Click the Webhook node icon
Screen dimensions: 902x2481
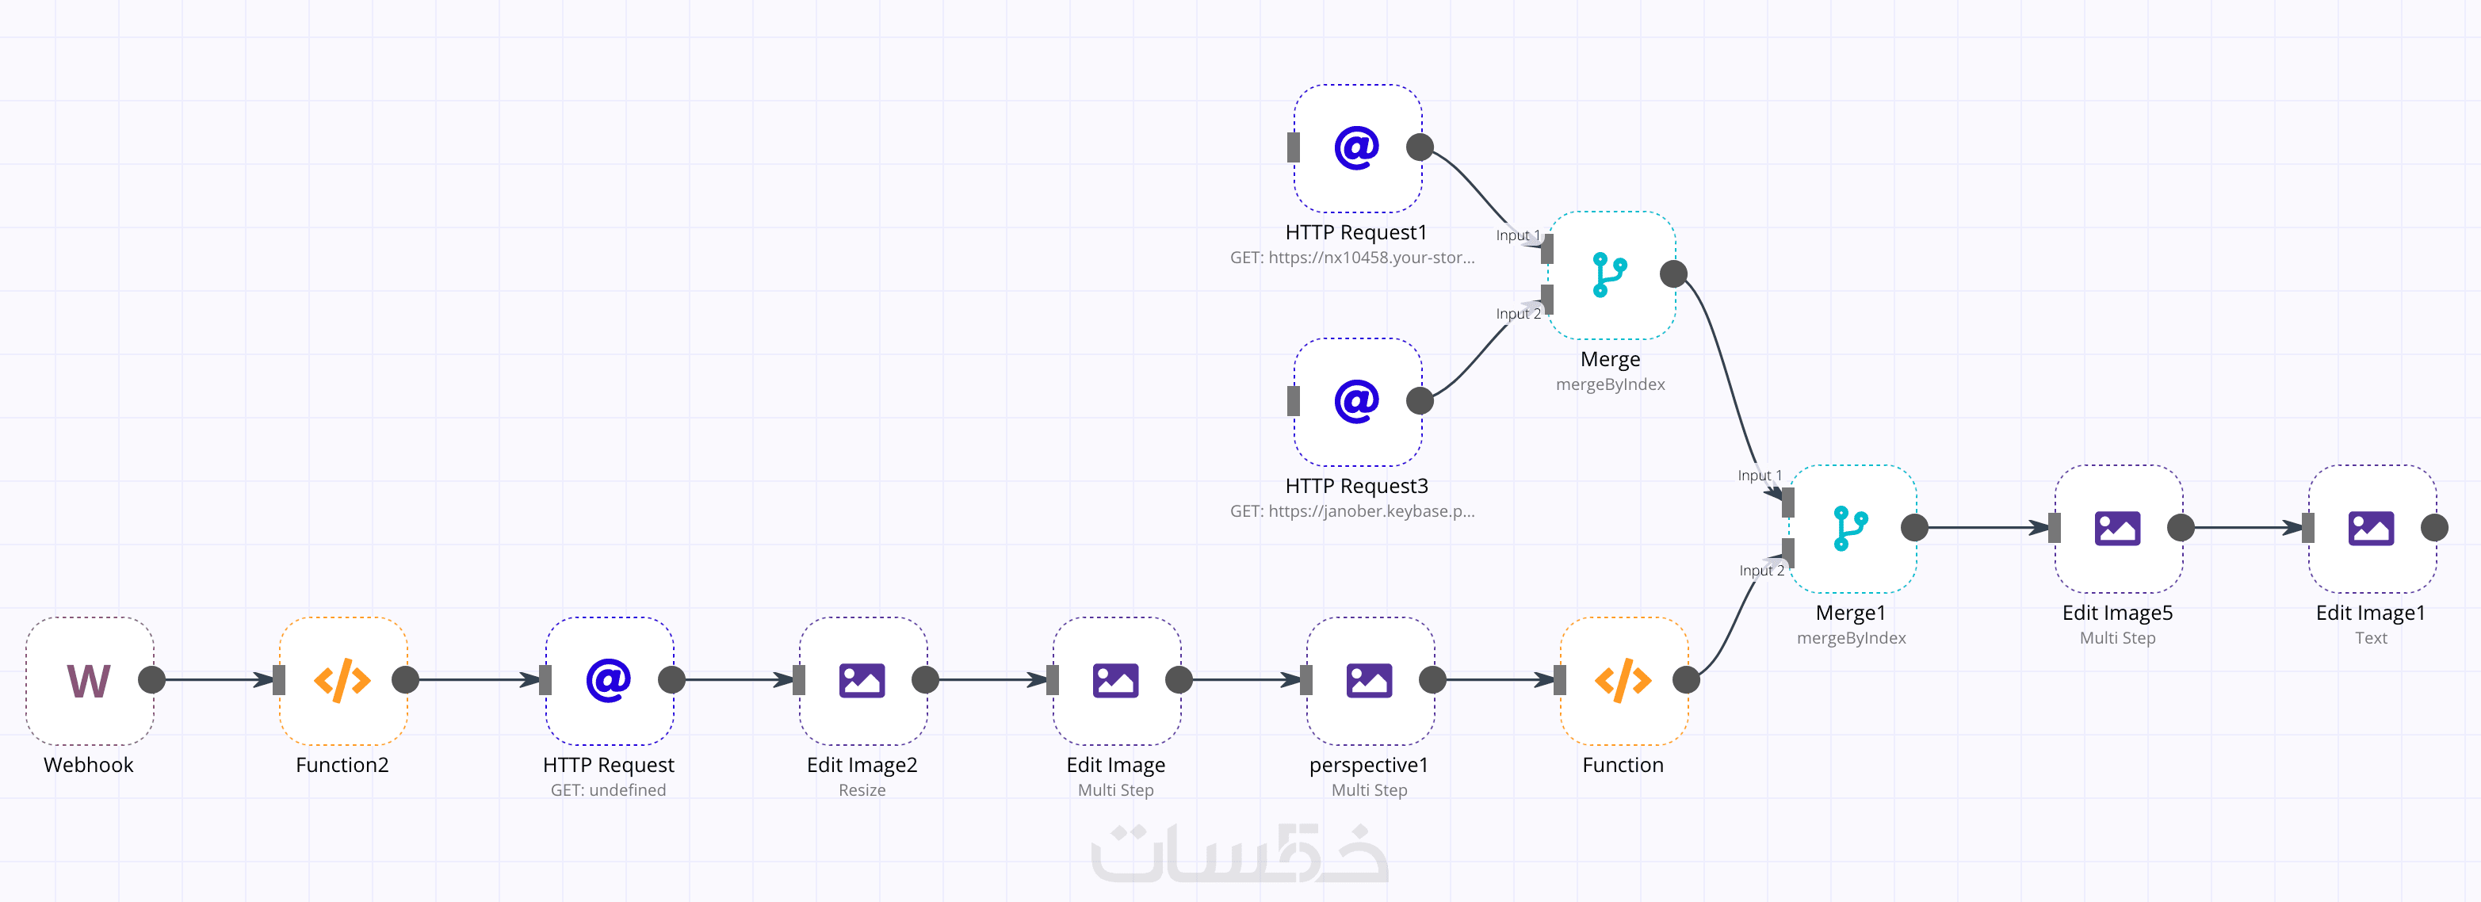click(x=89, y=681)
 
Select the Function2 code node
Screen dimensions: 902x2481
click(x=343, y=681)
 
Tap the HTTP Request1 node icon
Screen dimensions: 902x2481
click(x=1357, y=148)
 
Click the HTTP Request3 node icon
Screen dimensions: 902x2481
click(x=1357, y=401)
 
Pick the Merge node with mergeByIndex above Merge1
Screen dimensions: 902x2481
click(x=1611, y=275)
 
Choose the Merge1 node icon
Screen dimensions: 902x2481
click(x=1851, y=529)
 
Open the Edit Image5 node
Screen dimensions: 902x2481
click(x=2117, y=529)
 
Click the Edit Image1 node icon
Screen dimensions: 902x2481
click(x=2370, y=529)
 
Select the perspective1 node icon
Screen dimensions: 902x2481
click(x=1369, y=681)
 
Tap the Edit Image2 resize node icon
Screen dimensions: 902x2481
click(x=862, y=681)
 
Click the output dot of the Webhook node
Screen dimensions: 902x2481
click(x=151, y=681)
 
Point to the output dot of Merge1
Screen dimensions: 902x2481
click(x=1913, y=528)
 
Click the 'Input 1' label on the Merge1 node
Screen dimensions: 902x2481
click(x=1760, y=476)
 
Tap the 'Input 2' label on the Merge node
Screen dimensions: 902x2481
click(x=1518, y=314)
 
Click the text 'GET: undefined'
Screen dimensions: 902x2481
click(x=608, y=790)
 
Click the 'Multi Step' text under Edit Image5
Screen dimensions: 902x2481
click(x=2117, y=638)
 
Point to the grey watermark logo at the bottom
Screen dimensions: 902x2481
click(x=1240, y=854)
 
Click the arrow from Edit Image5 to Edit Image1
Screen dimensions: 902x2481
click(x=2244, y=528)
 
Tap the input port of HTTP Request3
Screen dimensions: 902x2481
click(x=1294, y=401)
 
